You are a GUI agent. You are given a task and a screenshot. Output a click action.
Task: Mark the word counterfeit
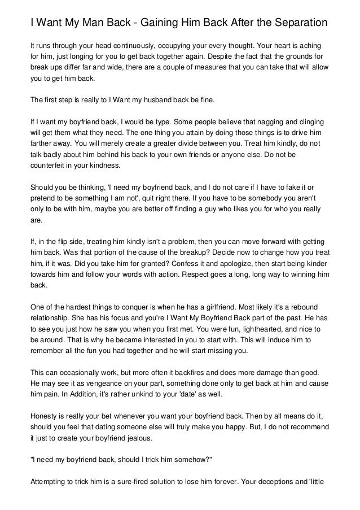pyautogui.click(x=49, y=167)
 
